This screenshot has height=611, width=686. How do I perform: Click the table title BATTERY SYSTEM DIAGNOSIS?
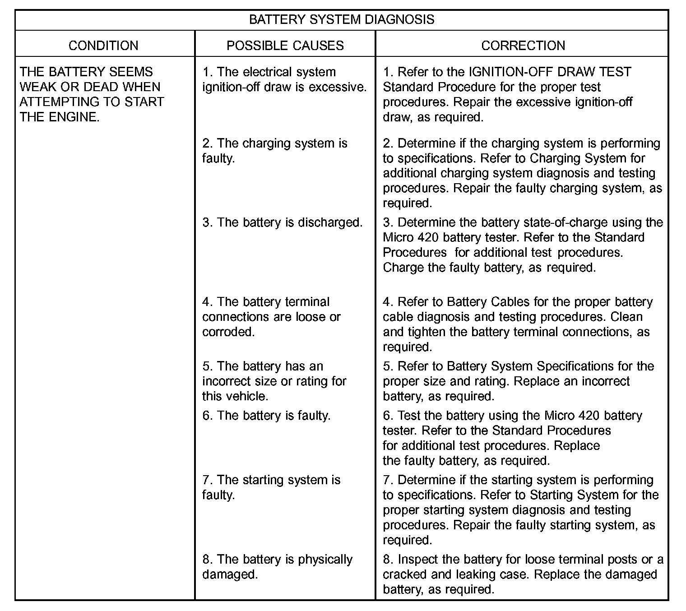click(342, 20)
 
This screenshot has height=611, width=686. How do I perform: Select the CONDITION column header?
click(103, 46)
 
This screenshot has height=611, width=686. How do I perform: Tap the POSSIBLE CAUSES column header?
click(285, 46)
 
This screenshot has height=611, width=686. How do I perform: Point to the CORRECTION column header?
click(523, 46)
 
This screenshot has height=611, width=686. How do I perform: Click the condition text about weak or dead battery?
click(91, 94)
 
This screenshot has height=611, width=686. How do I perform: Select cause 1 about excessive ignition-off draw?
click(284, 79)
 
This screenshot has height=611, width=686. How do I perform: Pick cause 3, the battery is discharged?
click(283, 222)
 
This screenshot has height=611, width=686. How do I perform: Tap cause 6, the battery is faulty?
click(266, 416)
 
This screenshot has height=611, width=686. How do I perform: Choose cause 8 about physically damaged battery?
click(277, 567)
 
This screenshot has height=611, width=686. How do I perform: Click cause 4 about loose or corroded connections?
click(271, 317)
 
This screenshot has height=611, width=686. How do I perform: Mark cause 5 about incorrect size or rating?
click(274, 381)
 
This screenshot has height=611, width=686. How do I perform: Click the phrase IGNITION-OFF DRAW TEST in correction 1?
click(550, 72)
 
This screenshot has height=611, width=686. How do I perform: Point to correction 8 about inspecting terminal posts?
click(523, 574)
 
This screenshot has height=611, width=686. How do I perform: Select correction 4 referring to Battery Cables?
click(518, 324)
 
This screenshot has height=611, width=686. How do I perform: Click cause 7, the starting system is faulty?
click(271, 487)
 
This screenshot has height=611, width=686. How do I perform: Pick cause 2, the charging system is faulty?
click(274, 151)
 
